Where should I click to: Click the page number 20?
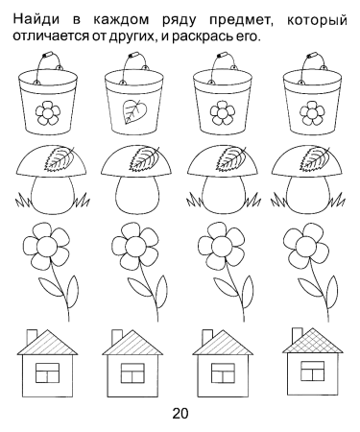coord(180,414)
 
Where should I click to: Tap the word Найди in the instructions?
coord(36,20)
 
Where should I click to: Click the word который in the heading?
coord(317,21)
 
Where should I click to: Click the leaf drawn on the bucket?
coord(133,111)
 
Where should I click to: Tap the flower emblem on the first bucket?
coord(47,113)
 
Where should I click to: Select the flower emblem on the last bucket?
coord(312,113)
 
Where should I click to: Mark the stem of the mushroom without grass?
coord(137,194)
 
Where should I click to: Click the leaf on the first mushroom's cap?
coord(59,157)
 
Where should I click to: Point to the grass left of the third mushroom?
coord(194,201)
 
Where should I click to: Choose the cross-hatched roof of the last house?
coord(313,341)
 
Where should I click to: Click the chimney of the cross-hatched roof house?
coord(298,334)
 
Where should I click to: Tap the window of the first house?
coord(47,372)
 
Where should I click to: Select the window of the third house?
coord(223,372)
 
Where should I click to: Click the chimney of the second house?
coord(117,337)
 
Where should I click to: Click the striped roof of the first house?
coord(47,343)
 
